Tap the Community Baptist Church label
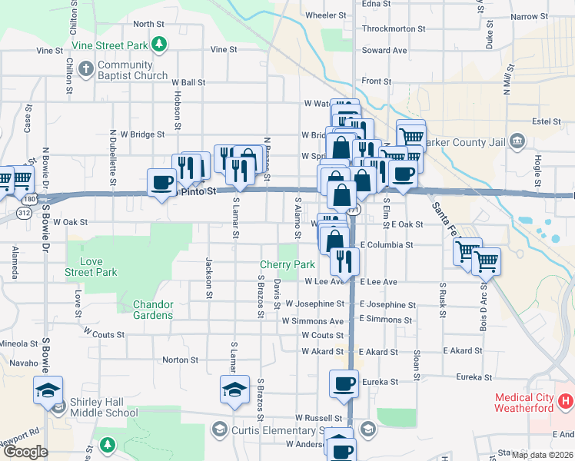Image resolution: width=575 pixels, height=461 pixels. click(132, 70)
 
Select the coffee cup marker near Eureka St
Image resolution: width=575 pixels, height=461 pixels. click(344, 383)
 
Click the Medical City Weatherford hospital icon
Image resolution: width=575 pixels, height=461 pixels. click(566, 400)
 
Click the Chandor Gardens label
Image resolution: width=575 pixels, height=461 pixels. click(153, 310)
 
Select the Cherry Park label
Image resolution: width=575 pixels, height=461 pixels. click(287, 264)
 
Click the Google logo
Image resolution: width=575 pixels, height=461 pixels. click(25, 452)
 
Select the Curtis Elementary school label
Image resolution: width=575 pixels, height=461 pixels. click(275, 430)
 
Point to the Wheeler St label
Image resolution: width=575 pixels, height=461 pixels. click(326, 15)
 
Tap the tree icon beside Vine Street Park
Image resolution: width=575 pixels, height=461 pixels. click(159, 45)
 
